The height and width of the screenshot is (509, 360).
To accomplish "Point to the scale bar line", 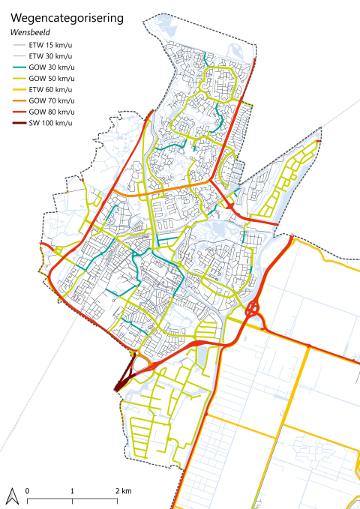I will (x=73, y=499).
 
